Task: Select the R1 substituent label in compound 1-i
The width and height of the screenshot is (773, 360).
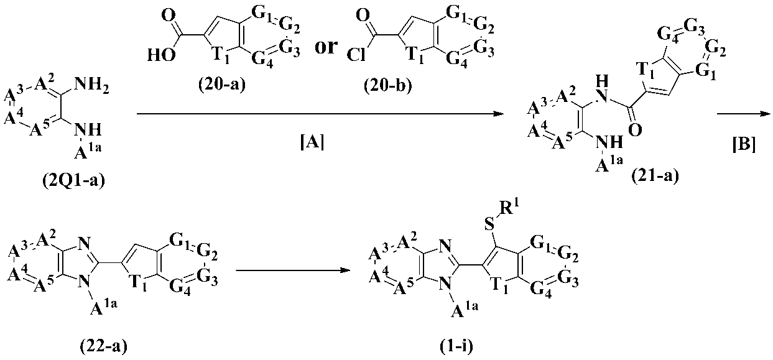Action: (496, 209)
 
